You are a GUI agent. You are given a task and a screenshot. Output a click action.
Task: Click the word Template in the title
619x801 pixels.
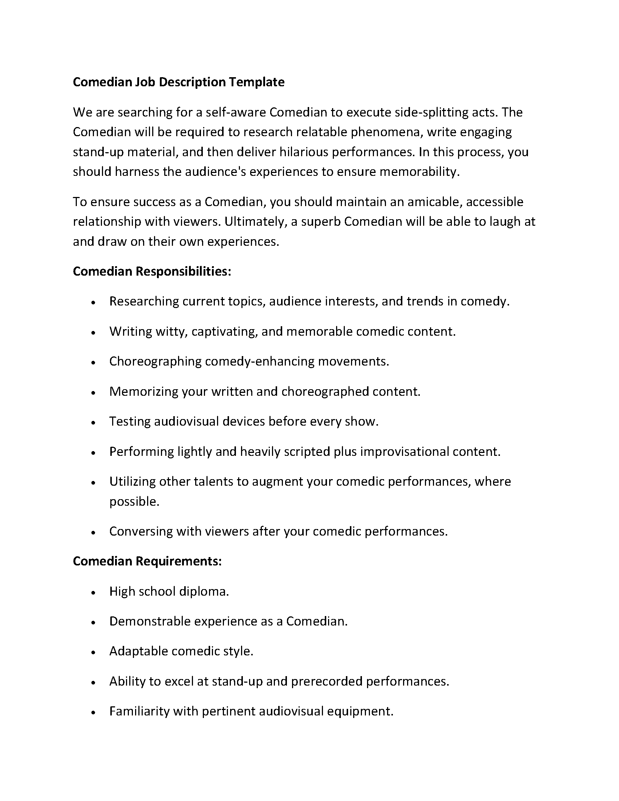click(x=257, y=82)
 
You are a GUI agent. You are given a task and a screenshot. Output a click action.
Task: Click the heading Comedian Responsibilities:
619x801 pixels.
click(x=152, y=271)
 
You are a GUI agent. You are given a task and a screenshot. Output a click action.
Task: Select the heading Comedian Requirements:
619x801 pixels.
click(x=147, y=561)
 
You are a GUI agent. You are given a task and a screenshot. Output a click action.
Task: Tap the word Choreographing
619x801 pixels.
click(x=155, y=362)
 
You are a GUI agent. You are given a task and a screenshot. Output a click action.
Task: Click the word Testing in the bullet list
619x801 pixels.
click(x=130, y=421)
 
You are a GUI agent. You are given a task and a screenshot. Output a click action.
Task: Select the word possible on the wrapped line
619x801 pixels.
click(x=134, y=501)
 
